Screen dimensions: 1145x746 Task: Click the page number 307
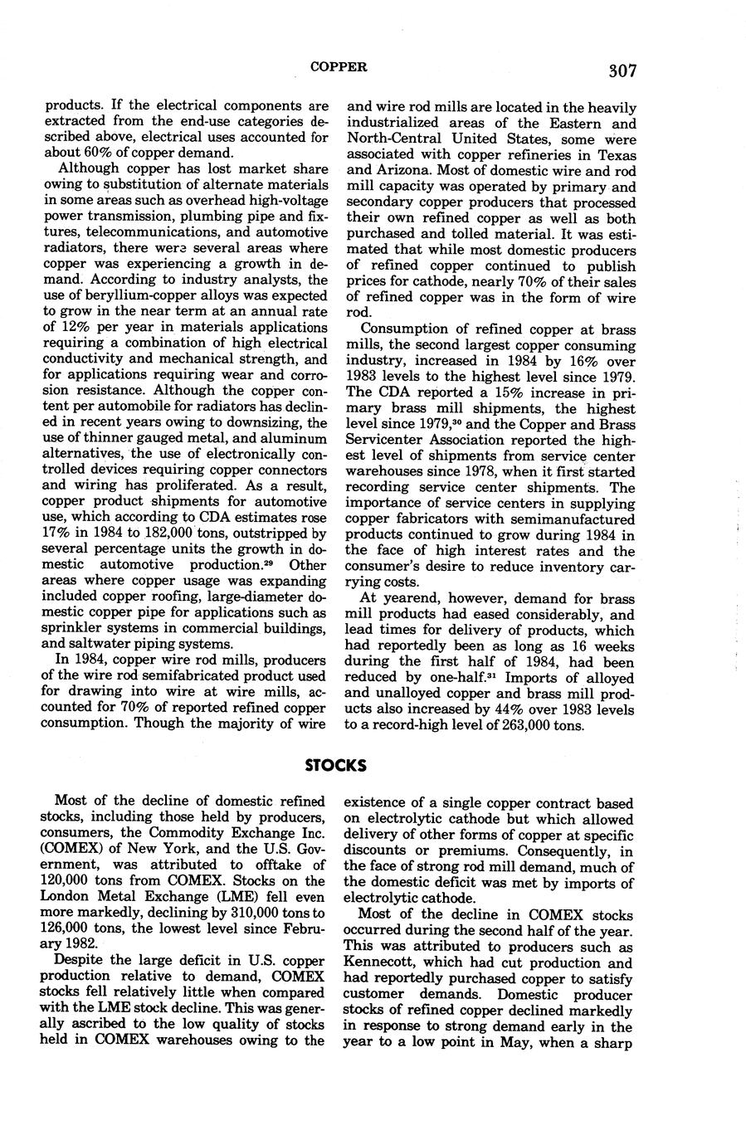tap(622, 71)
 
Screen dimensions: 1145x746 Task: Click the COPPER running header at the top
tap(339, 66)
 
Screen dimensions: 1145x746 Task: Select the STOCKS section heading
tap(335, 765)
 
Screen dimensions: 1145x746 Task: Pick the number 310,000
tap(253, 912)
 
